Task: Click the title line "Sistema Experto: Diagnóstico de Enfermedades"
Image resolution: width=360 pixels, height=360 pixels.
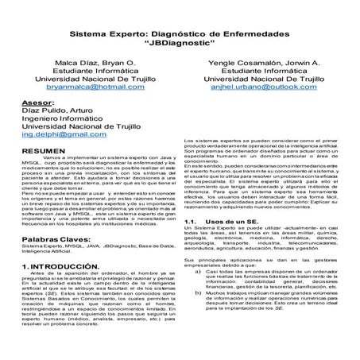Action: coord(180,36)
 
